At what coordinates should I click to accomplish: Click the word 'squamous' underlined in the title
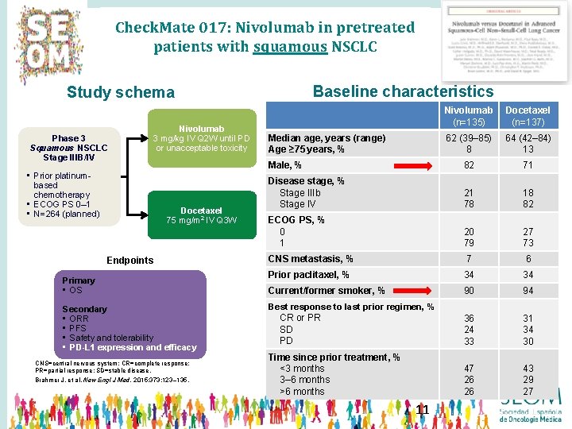point(290,46)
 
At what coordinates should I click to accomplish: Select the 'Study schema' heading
point(120,93)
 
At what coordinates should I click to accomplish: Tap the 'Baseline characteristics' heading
point(403,91)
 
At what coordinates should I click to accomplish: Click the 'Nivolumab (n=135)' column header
point(468,116)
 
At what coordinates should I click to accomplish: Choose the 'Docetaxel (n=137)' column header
point(528,116)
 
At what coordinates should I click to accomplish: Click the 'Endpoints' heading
point(130,260)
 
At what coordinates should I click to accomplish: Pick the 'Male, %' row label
point(284,165)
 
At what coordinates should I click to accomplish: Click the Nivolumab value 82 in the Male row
point(468,165)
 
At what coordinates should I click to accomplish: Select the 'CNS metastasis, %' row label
point(311,259)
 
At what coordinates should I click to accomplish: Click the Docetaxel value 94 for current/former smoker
point(528,291)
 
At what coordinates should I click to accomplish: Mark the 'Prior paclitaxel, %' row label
point(308,275)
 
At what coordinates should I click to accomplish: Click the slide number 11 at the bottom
point(422,410)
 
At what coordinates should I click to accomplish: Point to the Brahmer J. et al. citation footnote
point(111,380)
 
